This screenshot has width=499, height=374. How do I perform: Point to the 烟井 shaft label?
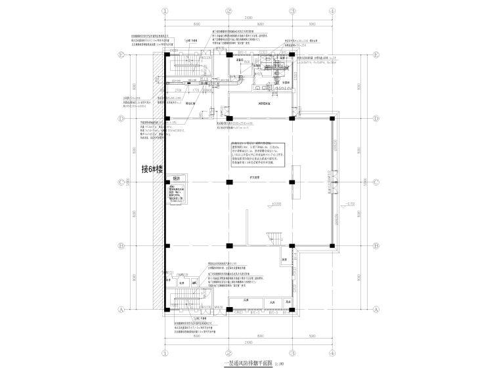[x=176, y=178]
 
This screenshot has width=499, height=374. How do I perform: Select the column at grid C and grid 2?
[x=228, y=182]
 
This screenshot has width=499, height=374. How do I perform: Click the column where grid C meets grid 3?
[x=290, y=182]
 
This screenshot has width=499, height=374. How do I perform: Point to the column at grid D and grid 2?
[x=228, y=119]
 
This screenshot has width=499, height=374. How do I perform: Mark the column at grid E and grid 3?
[x=290, y=56]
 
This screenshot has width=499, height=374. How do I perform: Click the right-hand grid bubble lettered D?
[x=375, y=119]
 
